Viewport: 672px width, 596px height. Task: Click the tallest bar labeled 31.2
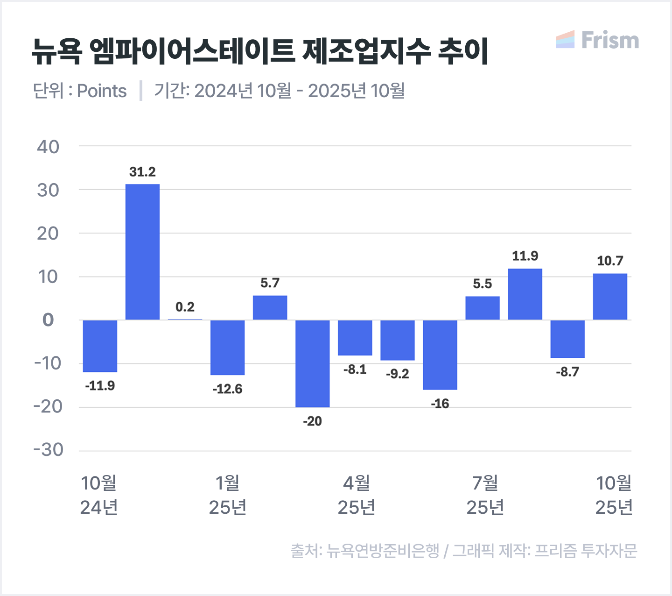(142, 252)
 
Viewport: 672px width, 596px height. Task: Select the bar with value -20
(312, 363)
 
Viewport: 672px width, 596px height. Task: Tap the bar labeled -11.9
(100, 346)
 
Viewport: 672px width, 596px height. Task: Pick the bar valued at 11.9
(525, 294)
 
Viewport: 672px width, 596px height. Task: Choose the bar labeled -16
(440, 355)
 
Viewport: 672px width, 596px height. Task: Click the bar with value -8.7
(567, 339)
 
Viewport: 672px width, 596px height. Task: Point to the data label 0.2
(185, 307)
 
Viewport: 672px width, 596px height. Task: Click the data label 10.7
(610, 261)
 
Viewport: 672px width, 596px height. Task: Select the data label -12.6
(227, 389)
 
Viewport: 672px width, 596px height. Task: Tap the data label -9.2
(397, 374)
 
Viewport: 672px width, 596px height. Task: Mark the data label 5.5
(482, 284)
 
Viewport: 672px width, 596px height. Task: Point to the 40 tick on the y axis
(48, 147)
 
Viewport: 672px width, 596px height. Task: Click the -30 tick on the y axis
(48, 450)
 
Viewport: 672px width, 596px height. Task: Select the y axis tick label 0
(48, 320)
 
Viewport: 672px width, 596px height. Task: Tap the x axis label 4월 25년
(357, 495)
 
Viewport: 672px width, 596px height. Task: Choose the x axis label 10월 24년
(99, 495)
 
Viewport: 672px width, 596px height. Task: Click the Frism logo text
(610, 40)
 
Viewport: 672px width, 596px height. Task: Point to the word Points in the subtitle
(102, 91)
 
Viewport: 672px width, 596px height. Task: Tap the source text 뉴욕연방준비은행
(383, 551)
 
